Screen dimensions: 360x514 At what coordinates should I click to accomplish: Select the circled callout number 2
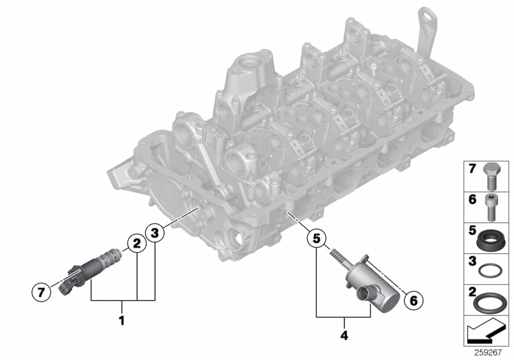pos(136,243)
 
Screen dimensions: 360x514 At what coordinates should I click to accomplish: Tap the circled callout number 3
pos(154,232)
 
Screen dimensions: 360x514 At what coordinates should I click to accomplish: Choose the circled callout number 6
pos(414,300)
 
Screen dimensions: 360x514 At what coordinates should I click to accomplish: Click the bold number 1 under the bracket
pos(121,319)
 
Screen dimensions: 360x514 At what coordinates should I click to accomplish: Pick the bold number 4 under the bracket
pos(345,334)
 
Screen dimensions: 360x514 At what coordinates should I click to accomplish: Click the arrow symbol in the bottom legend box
pos(486,333)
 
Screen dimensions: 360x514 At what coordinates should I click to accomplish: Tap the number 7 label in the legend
pos(470,170)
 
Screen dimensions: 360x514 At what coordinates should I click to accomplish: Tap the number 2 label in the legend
pos(470,294)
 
